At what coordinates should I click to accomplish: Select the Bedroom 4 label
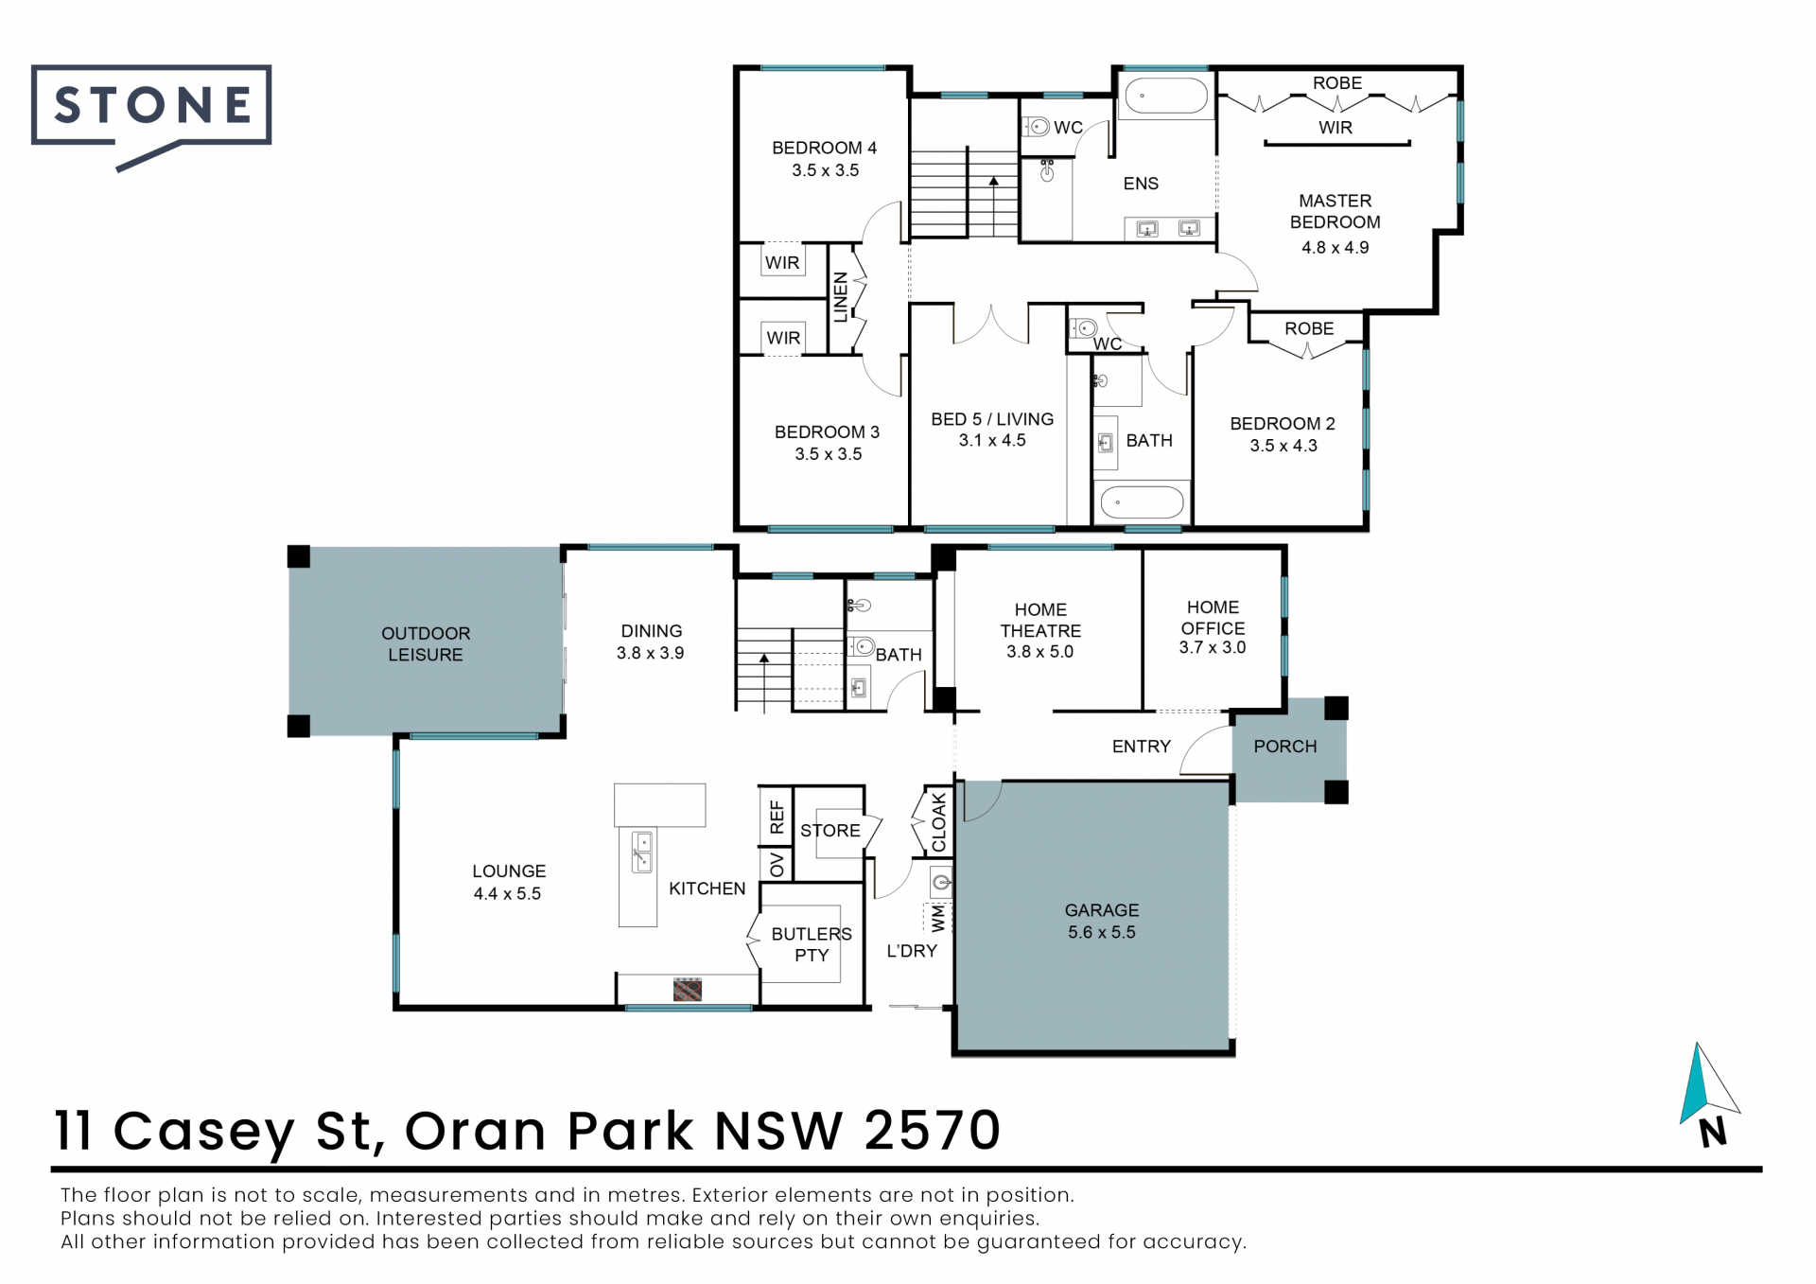click(824, 149)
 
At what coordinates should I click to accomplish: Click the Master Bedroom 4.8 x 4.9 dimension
click(1335, 248)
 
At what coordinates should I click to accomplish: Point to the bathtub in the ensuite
click(1165, 97)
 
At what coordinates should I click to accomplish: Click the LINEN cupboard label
click(841, 298)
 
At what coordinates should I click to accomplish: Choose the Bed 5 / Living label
click(992, 419)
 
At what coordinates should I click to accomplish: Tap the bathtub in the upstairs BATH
click(1143, 502)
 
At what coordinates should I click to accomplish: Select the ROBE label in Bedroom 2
click(1309, 329)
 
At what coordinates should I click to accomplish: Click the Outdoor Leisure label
click(426, 644)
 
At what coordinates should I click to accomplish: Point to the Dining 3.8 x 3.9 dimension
click(650, 653)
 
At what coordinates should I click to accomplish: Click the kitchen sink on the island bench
click(642, 852)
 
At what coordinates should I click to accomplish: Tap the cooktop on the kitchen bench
click(688, 990)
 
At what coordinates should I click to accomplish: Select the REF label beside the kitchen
click(777, 817)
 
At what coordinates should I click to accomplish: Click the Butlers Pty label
click(812, 944)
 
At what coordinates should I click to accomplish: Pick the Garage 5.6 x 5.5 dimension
click(1102, 933)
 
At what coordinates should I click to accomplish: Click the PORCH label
click(1285, 747)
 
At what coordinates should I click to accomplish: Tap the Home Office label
click(1213, 618)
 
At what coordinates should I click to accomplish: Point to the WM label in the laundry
click(937, 918)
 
